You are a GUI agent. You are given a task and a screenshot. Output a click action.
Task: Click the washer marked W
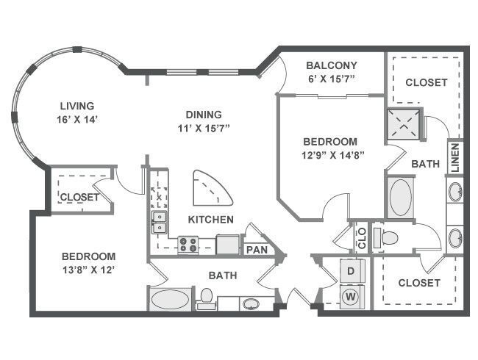click(352, 296)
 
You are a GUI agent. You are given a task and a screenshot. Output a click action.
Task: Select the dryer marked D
click(352, 271)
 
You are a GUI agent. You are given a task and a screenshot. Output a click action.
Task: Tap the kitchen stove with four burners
click(188, 245)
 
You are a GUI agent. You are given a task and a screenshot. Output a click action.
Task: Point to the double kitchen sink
click(160, 223)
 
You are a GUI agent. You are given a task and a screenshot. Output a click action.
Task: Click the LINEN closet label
click(454, 158)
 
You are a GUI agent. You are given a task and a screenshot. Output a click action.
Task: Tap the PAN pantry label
click(257, 250)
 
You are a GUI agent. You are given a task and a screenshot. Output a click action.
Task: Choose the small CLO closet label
click(362, 238)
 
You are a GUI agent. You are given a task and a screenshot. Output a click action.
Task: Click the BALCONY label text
click(332, 65)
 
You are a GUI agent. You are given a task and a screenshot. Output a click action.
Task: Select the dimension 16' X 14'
click(76, 120)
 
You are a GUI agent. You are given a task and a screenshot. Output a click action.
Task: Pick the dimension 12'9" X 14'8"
click(333, 155)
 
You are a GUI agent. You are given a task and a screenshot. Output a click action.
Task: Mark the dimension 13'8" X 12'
click(88, 270)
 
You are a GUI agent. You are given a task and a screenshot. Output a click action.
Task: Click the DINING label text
click(204, 115)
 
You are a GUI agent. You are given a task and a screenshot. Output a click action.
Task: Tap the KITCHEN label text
click(210, 220)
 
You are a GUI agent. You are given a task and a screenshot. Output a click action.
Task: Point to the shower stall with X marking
click(403, 123)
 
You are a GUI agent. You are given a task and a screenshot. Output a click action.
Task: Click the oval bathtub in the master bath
click(401, 198)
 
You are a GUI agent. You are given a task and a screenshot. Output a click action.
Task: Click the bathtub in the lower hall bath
click(170, 299)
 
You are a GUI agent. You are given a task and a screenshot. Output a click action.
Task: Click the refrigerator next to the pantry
click(228, 245)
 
